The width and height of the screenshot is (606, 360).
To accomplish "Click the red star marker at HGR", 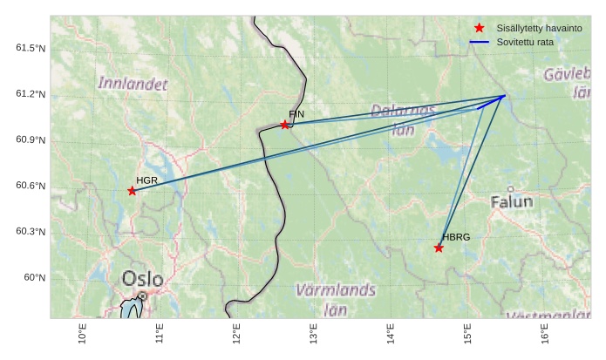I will pos(132,191).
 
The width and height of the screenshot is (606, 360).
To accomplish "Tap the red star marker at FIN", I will pos(285,125).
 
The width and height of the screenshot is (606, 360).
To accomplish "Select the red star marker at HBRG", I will pos(439,248).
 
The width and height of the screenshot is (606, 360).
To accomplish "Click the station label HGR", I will pos(146,180).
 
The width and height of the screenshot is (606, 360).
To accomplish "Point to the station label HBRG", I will pos(455,237).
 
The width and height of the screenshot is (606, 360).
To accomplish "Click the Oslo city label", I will pos(142,280).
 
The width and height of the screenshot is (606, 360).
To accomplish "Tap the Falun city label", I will pos(511,202).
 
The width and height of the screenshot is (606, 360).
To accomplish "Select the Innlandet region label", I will pos(133,84).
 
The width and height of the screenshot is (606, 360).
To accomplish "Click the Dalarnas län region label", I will pos(403,119).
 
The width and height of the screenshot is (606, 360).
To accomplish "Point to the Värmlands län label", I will pos(336,299).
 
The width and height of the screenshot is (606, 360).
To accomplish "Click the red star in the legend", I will pos(479,29).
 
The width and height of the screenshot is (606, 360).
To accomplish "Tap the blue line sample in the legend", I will pos(479,42).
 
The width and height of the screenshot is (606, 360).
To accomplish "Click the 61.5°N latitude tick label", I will pos(31,48).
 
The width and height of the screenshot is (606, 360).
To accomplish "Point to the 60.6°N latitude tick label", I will pos(31,186).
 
